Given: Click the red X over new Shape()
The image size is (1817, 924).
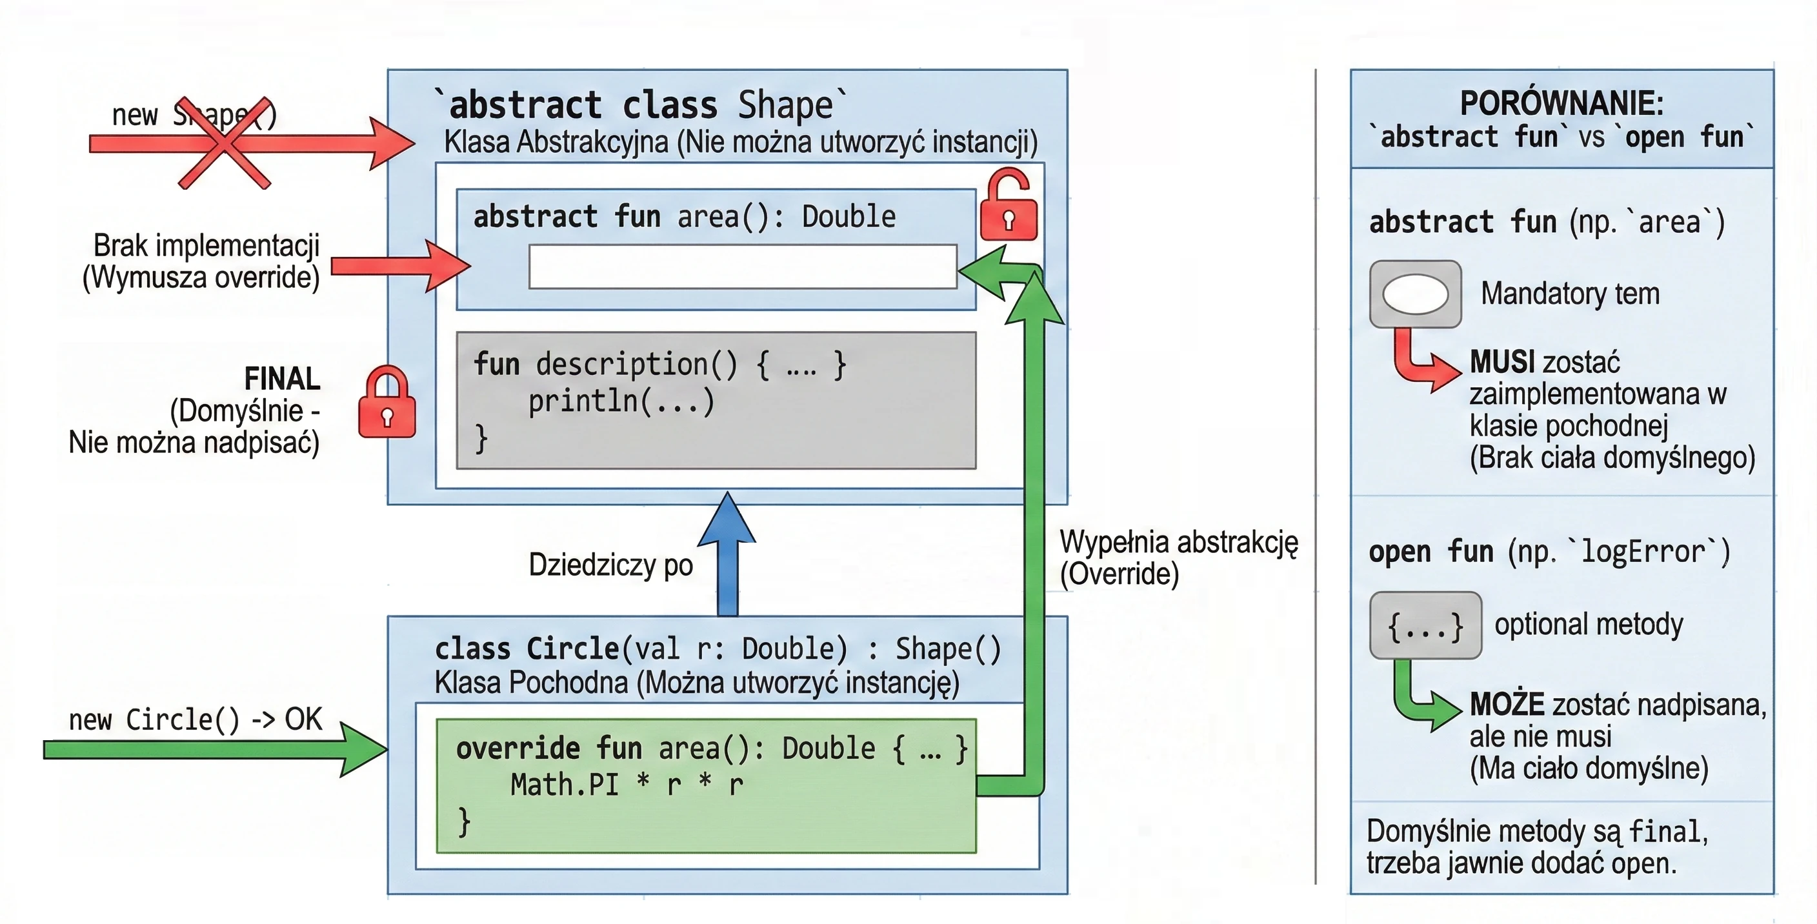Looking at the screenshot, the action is pyautogui.click(x=225, y=143).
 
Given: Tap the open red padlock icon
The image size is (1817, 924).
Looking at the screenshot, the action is pyautogui.click(x=1009, y=205).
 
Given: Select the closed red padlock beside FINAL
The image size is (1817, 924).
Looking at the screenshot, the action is pyautogui.click(x=386, y=402).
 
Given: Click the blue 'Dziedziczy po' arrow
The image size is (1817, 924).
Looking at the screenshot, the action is pyautogui.click(x=727, y=554).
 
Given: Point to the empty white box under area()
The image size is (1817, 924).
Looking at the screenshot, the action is pyautogui.click(x=743, y=266).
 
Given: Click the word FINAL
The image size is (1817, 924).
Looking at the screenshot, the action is pyautogui.click(x=282, y=379).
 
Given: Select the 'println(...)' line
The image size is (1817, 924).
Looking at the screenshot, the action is pyautogui.click(x=621, y=401).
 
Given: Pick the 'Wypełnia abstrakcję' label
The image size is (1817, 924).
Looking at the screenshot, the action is pyautogui.click(x=1179, y=542).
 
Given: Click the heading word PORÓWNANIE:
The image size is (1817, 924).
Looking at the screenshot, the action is pyautogui.click(x=1561, y=103).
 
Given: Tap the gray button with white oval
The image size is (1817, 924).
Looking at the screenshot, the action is pyautogui.click(x=1415, y=294).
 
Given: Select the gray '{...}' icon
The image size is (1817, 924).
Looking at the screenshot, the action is pyautogui.click(x=1425, y=626).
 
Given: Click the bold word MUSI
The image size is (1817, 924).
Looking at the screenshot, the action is pyautogui.click(x=1502, y=362).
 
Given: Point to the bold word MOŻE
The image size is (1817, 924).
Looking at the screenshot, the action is pyautogui.click(x=1507, y=704).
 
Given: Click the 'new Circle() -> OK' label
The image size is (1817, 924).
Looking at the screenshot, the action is pyautogui.click(x=195, y=719).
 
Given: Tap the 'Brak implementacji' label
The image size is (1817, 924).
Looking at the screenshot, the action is pyautogui.click(x=206, y=245).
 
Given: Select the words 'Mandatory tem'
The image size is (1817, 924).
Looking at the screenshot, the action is pyautogui.click(x=1570, y=294).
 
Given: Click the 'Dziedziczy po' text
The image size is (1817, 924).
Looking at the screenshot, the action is pyautogui.click(x=611, y=565).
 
